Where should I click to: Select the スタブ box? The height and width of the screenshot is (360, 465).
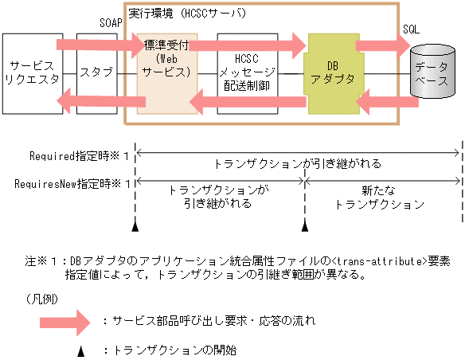pos(96,72)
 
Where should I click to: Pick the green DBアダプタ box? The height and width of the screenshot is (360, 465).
pos(331,72)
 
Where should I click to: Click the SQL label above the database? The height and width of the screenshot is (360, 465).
pos(412,28)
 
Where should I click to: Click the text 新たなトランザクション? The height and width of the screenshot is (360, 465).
pos(381,198)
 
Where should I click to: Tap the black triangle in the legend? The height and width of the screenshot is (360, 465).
pos(80,349)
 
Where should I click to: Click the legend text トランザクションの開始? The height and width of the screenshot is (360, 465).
pos(176,349)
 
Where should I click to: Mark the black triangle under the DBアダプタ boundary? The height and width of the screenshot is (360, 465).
pos(304,229)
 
